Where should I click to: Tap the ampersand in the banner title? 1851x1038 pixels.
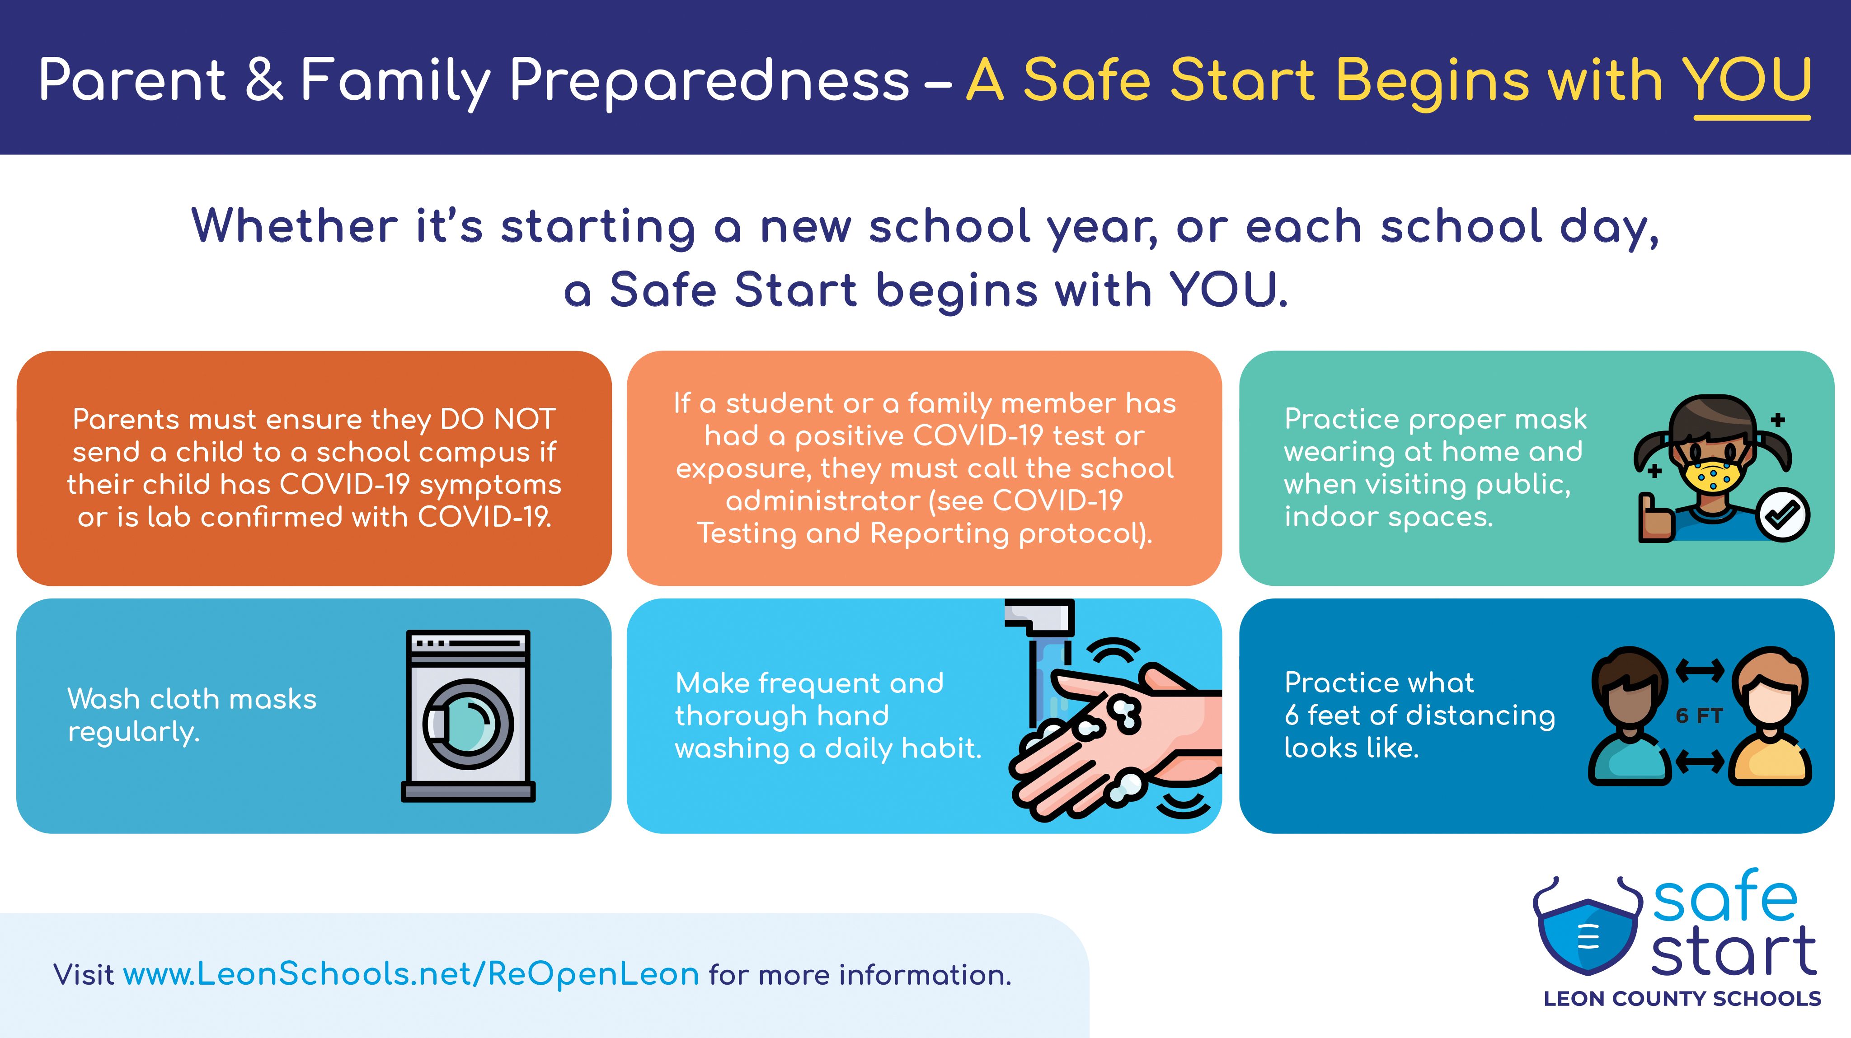pyautogui.click(x=264, y=80)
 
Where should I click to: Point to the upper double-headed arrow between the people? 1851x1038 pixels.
pyautogui.click(x=1699, y=670)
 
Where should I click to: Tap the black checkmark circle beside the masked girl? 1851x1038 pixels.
pyautogui.click(x=1783, y=514)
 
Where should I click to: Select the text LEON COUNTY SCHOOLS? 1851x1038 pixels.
pyautogui.click(x=1682, y=999)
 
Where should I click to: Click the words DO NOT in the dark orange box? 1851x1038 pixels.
pyautogui.click(x=498, y=419)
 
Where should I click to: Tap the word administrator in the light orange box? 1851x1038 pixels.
pyautogui.click(x=823, y=500)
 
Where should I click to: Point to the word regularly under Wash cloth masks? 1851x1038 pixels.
pyautogui.click(x=134, y=733)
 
